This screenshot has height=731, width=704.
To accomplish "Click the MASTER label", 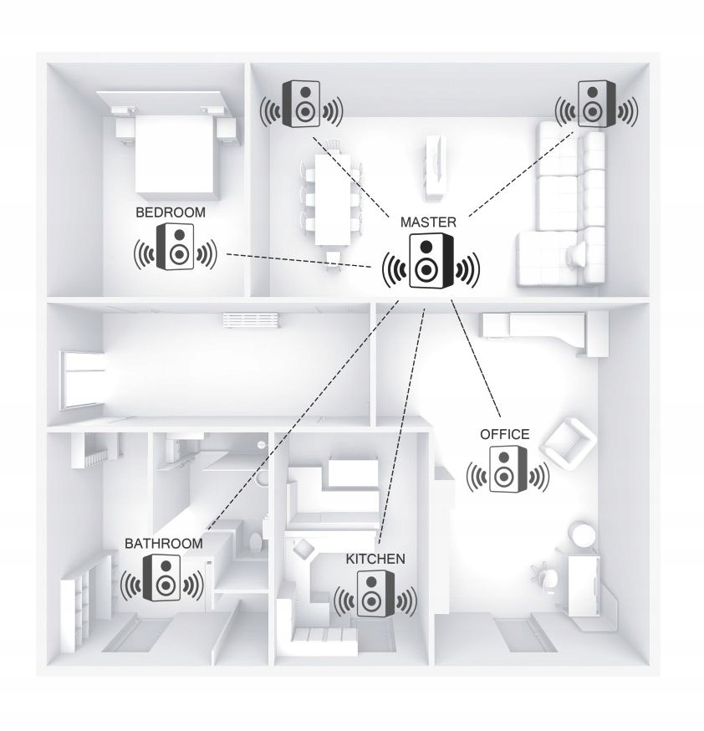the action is pos(428,222).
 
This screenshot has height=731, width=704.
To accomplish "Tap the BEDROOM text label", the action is pos(171,212).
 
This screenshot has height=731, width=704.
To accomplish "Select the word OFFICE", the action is pos(504,434).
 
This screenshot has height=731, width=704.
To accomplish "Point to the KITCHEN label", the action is pos(375,559).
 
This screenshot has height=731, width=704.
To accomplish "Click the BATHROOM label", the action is pos(164,543).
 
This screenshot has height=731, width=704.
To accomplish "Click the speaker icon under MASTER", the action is pos(431,262).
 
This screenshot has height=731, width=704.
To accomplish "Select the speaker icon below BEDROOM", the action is pos(176,247).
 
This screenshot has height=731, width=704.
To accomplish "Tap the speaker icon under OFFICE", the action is pos(508,469).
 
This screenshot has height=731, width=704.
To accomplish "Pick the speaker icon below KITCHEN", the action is pos(375,594).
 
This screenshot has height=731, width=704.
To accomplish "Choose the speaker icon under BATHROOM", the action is pos(161,578).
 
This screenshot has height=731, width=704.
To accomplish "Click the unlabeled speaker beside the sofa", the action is pos(596,104).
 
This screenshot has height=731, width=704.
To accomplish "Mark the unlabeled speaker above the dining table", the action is pos(301,104).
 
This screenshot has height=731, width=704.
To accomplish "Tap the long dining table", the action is pos(332,200).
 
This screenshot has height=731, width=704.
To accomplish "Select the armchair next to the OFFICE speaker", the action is pos(568,443).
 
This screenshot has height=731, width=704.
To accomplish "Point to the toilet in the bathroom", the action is pos(256,542).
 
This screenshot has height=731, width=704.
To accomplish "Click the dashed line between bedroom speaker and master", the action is pos(298,261).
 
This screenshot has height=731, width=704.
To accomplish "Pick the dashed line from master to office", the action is pos(476,359).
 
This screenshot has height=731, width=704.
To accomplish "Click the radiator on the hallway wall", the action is pos(251,319).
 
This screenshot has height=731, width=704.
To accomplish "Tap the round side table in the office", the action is pos(583,534).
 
